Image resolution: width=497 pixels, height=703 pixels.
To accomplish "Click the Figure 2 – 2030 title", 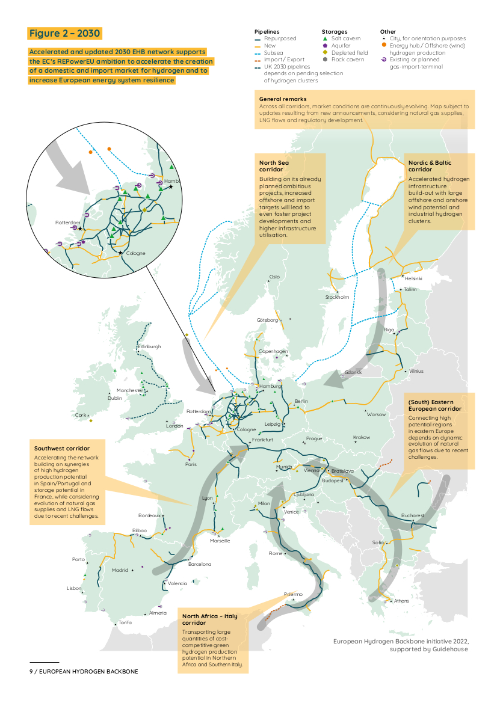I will point(64,33).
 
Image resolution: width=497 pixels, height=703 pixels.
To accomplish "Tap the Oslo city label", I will point(274,277).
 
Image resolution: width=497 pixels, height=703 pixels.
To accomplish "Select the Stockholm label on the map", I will point(337,297).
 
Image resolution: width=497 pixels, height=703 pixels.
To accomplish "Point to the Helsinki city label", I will point(413,278).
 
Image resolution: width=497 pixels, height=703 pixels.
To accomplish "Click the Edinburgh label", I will point(149,347).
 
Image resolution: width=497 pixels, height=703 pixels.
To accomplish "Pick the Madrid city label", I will point(120,570).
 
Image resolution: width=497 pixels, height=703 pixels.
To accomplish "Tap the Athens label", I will point(401,601).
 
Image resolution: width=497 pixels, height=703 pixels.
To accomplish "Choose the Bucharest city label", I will point(413,516).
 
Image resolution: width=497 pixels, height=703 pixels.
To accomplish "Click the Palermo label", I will point(293,594).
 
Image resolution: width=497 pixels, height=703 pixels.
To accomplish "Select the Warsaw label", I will point(376,414).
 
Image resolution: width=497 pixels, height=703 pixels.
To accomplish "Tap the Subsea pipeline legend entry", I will point(270,53).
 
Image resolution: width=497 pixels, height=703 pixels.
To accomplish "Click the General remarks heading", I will point(283,99).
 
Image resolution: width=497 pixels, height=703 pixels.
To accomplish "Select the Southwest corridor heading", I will point(62,449).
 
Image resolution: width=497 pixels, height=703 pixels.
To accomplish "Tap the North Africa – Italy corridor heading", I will point(211,619).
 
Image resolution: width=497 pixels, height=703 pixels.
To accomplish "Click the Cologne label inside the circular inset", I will point(136,253).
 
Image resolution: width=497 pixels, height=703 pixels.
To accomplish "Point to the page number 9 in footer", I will point(31,671).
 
